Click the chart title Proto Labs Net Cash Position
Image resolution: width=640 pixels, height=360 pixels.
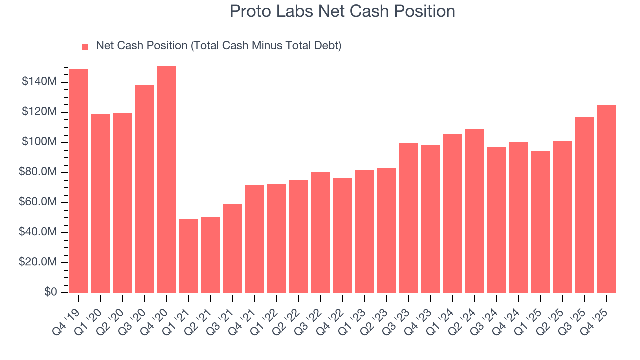click(x=342, y=12)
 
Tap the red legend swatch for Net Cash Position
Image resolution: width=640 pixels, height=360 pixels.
click(x=85, y=47)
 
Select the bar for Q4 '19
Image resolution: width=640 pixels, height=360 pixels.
click(x=79, y=181)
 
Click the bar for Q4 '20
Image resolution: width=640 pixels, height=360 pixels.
click(x=167, y=179)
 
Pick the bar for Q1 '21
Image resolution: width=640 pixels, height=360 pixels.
click(x=189, y=256)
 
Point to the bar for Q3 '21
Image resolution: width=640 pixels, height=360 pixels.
click(x=233, y=248)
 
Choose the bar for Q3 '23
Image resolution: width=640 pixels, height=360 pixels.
click(x=409, y=218)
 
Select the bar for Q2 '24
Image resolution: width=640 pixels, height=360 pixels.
click(x=475, y=211)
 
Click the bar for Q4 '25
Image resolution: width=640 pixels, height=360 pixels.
click(x=606, y=199)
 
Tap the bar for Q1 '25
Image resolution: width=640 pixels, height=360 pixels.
click(x=540, y=222)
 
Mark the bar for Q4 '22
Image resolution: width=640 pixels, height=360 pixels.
click(x=343, y=235)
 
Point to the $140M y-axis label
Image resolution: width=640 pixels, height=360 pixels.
click(x=39, y=82)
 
